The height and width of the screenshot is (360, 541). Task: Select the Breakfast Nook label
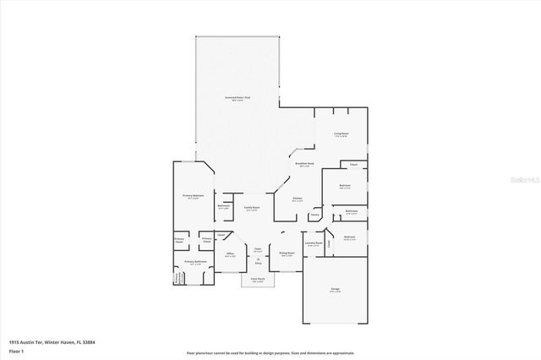click(305, 164)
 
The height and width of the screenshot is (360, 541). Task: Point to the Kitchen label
click(298, 199)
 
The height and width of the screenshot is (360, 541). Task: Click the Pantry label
click(314, 215)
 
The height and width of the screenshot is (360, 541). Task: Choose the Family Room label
click(252, 208)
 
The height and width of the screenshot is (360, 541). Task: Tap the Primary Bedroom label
click(194, 196)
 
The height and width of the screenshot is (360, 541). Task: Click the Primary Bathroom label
click(191, 262)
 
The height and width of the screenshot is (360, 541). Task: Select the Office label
click(229, 253)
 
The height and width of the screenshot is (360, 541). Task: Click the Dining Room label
click(287, 253)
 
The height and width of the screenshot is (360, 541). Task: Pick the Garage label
click(336, 289)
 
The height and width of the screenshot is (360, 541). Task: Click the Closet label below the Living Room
click(353, 164)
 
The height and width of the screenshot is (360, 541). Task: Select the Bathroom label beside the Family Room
click(224, 205)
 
